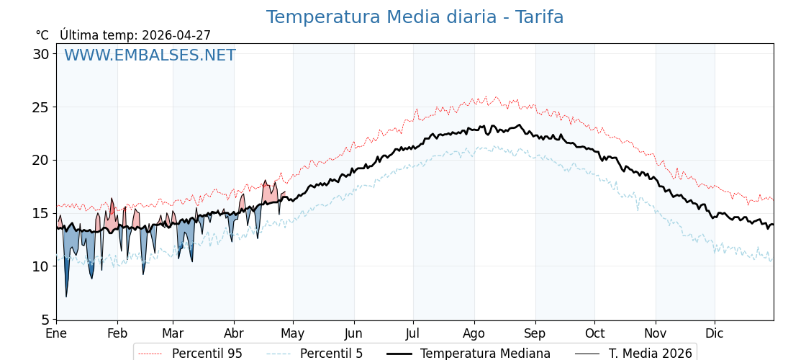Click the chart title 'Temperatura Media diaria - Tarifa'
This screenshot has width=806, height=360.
coord(415,17)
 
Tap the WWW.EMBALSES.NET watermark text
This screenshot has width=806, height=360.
coord(150,55)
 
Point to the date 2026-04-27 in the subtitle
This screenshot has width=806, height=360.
coord(176,35)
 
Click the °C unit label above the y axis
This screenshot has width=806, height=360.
coord(42,35)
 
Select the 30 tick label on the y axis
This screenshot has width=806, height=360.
coord(41,54)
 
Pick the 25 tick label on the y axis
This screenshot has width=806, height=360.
coord(41,107)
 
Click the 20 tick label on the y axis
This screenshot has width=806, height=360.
coord(41,160)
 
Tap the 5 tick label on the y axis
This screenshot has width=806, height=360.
coord(45,319)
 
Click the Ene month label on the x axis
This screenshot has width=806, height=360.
coord(56,333)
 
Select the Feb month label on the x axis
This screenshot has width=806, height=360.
coord(117,333)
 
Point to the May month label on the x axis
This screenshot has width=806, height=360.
coord(293,333)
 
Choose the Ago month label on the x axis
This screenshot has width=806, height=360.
coord(474,333)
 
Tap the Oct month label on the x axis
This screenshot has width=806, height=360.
coord(594,333)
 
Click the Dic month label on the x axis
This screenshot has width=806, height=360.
coord(715,333)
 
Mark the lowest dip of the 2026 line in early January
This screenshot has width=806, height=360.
coord(66,296)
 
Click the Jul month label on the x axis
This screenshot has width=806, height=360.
coord(413,333)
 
